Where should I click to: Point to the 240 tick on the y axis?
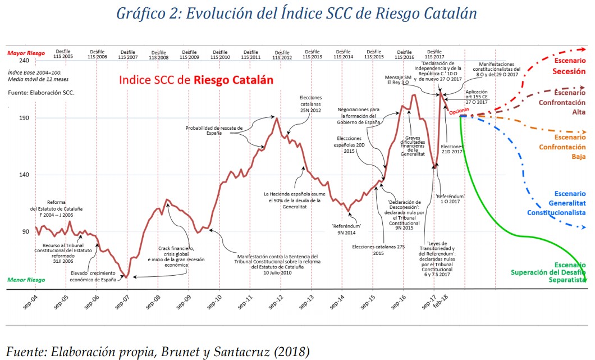point(24,61)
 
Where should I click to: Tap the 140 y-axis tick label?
point(24,175)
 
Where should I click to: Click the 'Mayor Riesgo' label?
point(26,53)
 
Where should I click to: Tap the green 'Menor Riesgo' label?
point(26,280)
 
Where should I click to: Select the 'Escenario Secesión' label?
point(569,66)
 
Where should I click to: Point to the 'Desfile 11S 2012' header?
point(282,54)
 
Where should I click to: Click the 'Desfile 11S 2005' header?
point(63,54)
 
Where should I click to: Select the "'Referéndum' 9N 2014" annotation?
point(346,229)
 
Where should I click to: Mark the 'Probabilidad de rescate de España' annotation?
point(214,130)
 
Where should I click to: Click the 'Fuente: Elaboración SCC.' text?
point(41,91)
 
